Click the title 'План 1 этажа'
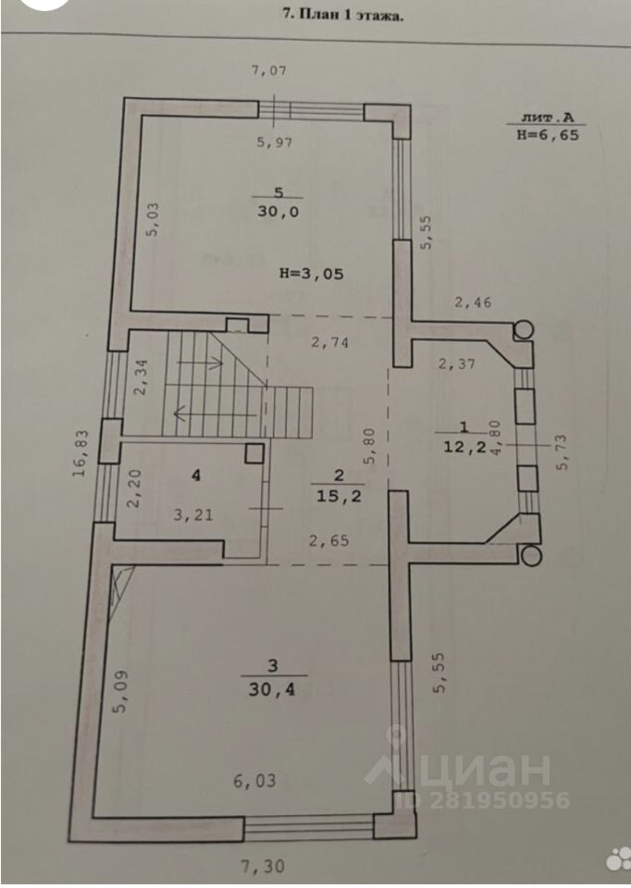point(341,14)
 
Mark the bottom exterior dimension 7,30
point(262,868)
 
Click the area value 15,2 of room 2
point(338,495)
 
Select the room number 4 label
point(195,475)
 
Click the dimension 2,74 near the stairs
point(329,342)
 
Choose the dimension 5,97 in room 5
point(276,142)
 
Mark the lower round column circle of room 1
point(531,556)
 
